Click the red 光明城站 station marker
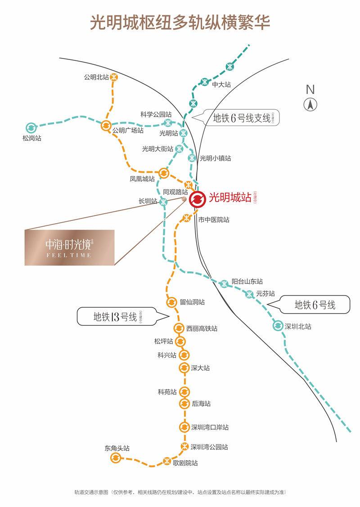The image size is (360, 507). pyautogui.click(x=197, y=198)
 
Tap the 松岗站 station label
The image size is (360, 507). pyautogui.click(x=31, y=139)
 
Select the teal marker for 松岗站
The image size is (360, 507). pyautogui.click(x=31, y=128)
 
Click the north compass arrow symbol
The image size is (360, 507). pyautogui.click(x=310, y=105)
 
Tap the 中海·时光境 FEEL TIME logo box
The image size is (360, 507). pyautogui.click(x=69, y=247)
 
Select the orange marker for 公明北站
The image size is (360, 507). pyautogui.click(x=114, y=77)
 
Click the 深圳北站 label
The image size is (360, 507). pyautogui.click(x=298, y=327)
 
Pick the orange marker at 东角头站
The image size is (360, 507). pyautogui.click(x=116, y=458)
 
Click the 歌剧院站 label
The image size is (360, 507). pyautogui.click(x=185, y=462)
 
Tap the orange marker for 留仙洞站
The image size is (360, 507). pyautogui.click(x=171, y=302)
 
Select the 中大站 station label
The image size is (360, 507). pyautogui.click(x=221, y=84)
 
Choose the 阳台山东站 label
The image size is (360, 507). pyautogui.click(x=247, y=281)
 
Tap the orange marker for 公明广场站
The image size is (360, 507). pyautogui.click(x=106, y=126)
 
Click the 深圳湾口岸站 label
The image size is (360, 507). pyautogui.click(x=210, y=427)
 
